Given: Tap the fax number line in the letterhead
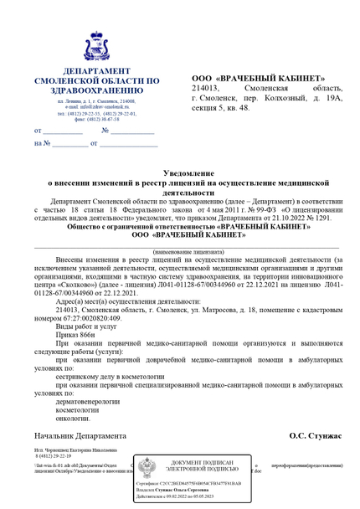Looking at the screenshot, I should pos(97,119).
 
